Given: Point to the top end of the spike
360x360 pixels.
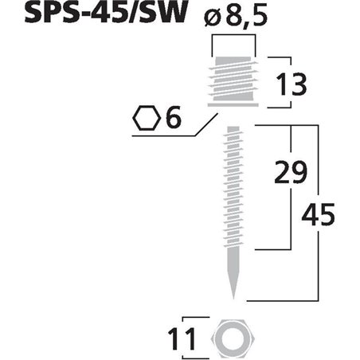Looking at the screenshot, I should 233,128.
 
